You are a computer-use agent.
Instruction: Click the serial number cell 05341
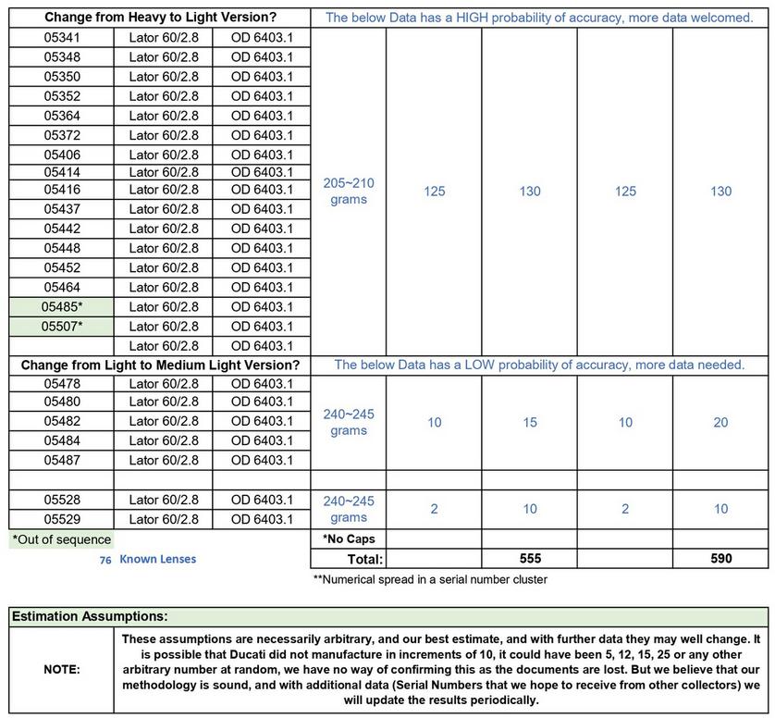62,38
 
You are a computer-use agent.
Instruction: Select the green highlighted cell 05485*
62,306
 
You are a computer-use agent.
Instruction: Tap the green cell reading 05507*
62,326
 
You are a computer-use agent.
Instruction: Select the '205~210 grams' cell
349,192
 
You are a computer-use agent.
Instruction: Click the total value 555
530,559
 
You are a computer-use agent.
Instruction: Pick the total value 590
720,559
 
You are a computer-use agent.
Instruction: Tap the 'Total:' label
363,559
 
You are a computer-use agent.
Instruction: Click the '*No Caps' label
349,538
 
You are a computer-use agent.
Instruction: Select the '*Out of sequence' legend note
61,539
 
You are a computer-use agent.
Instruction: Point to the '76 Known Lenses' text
147,559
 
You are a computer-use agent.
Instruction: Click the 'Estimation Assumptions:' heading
90,615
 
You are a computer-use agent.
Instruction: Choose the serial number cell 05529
62,519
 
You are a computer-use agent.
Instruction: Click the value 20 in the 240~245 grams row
720,423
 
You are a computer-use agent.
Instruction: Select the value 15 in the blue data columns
530,423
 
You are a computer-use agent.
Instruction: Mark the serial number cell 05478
62,384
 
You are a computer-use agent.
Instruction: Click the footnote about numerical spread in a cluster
430,580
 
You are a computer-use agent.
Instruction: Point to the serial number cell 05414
62,172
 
